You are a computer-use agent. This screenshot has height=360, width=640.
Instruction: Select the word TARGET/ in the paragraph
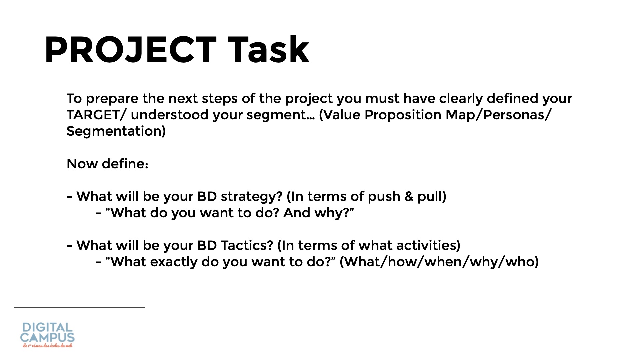(x=97, y=115)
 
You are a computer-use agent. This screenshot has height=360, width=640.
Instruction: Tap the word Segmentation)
(x=116, y=131)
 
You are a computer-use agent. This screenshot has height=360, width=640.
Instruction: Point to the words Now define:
(x=107, y=164)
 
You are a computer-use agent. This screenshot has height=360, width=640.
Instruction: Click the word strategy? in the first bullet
(x=252, y=197)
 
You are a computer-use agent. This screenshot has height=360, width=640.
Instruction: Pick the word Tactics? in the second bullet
(x=247, y=245)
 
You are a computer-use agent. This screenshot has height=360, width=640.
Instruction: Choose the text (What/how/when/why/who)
(x=439, y=262)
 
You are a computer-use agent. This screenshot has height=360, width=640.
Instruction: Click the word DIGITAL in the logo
(x=47, y=327)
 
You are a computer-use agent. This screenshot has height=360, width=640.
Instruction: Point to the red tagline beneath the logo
(x=48, y=346)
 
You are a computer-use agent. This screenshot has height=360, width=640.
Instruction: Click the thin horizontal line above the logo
(x=79, y=307)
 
